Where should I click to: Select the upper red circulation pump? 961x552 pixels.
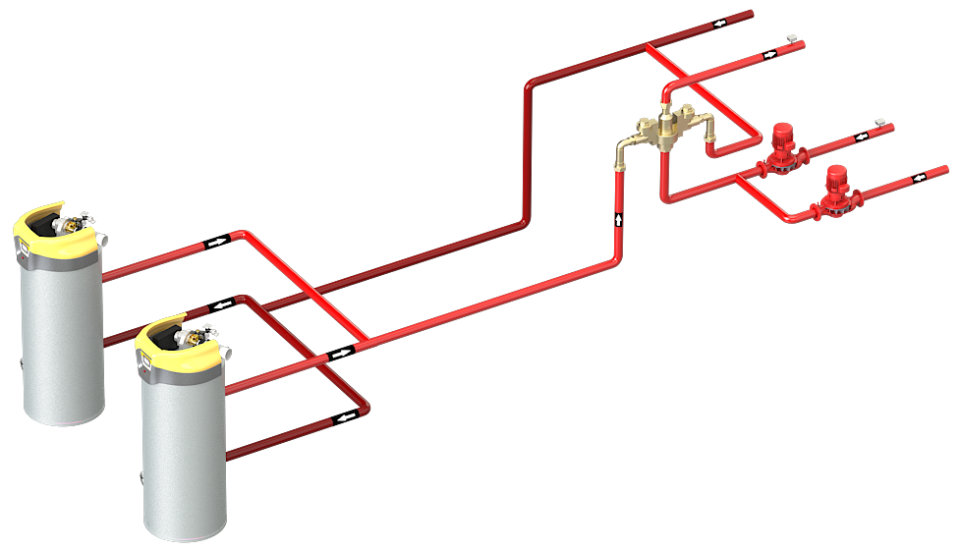[x=783, y=148]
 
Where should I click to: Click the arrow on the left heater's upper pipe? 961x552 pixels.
[x=215, y=241]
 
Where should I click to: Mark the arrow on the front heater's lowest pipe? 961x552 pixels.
[x=346, y=419]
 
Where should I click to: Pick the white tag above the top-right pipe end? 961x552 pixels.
[x=791, y=37]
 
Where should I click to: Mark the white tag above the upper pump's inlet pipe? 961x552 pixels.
[x=879, y=122]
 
